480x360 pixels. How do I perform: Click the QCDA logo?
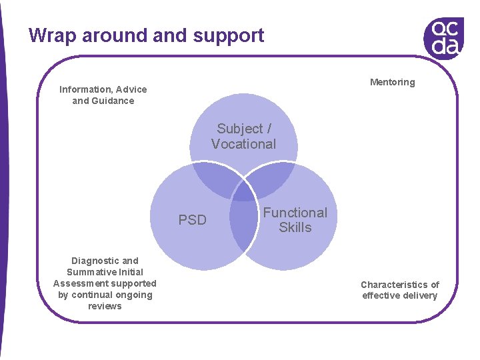(443, 37)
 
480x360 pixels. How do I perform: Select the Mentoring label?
(393, 82)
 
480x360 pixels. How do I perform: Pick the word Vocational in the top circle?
(243, 144)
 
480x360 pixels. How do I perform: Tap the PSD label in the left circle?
(193, 220)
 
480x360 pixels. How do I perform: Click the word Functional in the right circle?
(295, 213)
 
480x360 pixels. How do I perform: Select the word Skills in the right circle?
(295, 227)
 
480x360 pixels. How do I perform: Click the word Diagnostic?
(96, 261)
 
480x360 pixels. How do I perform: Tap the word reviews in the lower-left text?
(105, 306)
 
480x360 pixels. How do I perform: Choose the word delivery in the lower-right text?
(419, 295)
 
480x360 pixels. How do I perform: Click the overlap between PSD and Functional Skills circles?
(243, 223)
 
